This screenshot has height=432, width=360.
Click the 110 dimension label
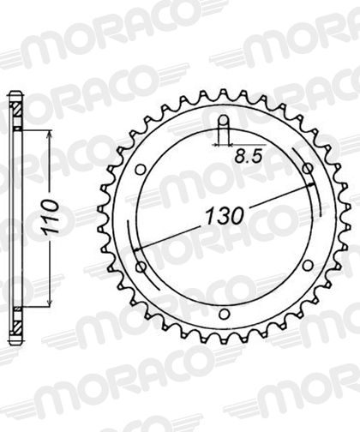click(50, 217)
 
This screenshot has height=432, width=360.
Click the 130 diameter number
click(225, 216)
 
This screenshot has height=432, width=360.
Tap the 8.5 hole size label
click(248, 157)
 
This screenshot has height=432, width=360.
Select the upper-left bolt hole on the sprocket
click(141, 170)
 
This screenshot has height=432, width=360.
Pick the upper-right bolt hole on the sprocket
click(308, 169)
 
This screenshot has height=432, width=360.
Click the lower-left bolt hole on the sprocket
click(141, 267)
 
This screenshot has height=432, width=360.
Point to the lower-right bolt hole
click(308, 266)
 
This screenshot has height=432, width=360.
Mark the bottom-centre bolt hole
click(225, 314)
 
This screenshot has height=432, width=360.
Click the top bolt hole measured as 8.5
click(224, 120)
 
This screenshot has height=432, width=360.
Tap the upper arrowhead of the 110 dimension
click(50, 135)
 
